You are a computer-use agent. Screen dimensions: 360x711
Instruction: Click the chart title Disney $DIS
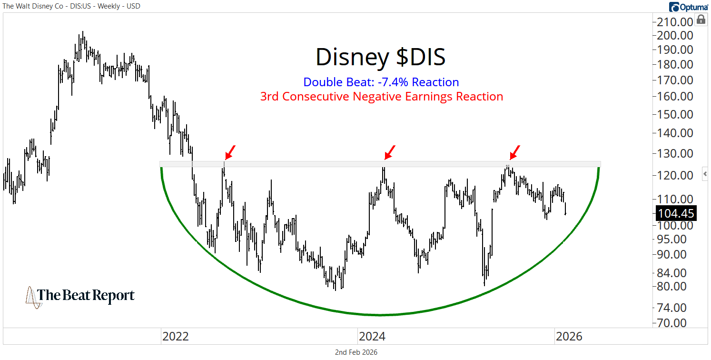pos(381,57)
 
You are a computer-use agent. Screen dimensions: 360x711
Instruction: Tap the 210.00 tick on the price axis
pos(673,22)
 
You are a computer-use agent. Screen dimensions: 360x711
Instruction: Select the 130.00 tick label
pos(673,153)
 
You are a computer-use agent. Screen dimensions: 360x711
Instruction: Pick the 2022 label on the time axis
pos(176,337)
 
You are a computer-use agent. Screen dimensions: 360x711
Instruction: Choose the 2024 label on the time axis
pos(372,337)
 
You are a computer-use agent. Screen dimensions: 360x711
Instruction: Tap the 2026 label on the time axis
pos(569,337)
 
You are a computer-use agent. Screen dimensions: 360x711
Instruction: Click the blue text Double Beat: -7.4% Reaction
pos(381,82)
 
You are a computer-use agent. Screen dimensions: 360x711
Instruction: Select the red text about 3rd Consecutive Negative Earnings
pos(381,96)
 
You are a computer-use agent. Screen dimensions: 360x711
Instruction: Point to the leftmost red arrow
pos(230,153)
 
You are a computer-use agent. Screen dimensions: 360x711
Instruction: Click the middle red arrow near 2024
pos(390,152)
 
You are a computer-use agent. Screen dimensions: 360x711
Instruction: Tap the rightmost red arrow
pos(514,152)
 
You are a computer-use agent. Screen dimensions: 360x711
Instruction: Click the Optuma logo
pos(688,7)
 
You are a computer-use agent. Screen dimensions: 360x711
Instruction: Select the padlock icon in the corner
pos(701,20)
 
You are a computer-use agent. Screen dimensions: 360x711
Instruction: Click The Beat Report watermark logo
pos(80,296)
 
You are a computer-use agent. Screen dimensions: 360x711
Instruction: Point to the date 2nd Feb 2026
pos(356,352)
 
